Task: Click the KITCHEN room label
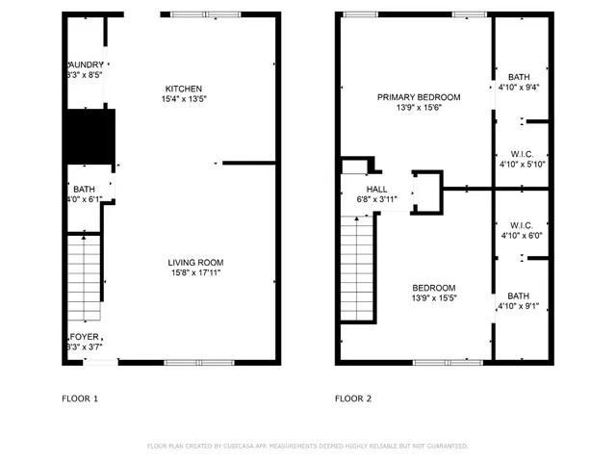[x=183, y=89]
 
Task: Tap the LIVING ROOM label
[x=195, y=263]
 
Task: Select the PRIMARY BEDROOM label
[x=418, y=97]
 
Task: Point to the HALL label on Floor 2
[x=376, y=190]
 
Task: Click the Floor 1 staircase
[x=83, y=279]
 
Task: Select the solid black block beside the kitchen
[x=89, y=136]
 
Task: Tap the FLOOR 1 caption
[x=80, y=398]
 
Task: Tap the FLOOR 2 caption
[x=352, y=398]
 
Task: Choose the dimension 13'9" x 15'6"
[x=418, y=108]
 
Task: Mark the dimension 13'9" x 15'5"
[x=434, y=298]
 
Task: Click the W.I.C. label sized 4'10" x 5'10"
[x=521, y=154]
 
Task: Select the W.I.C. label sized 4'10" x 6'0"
[x=521, y=226]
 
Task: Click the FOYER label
[x=82, y=337]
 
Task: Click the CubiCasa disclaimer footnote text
[x=307, y=446]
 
